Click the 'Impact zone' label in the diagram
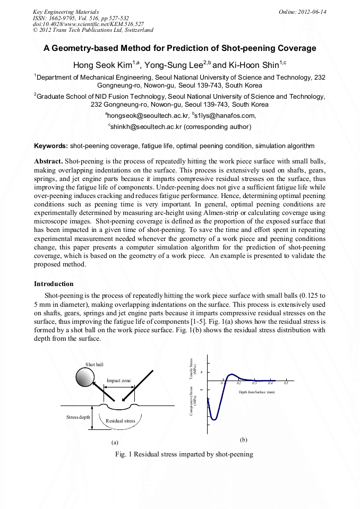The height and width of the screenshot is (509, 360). tap(118, 381)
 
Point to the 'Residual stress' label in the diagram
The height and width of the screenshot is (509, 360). tap(120, 420)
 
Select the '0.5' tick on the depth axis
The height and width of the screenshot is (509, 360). tap(286, 383)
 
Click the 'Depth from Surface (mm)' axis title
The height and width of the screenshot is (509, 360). tap(256, 392)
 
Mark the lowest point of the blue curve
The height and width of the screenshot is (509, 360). tap(214, 419)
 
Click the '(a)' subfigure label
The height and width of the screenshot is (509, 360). tap(114, 442)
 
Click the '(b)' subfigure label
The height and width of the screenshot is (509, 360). tap(243, 439)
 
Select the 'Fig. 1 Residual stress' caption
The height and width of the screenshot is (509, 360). tap(184, 454)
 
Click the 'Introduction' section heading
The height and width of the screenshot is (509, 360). tap(54, 284)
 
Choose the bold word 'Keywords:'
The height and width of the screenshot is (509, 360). tap(51, 145)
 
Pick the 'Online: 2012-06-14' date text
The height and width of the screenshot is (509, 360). tap(303, 11)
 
